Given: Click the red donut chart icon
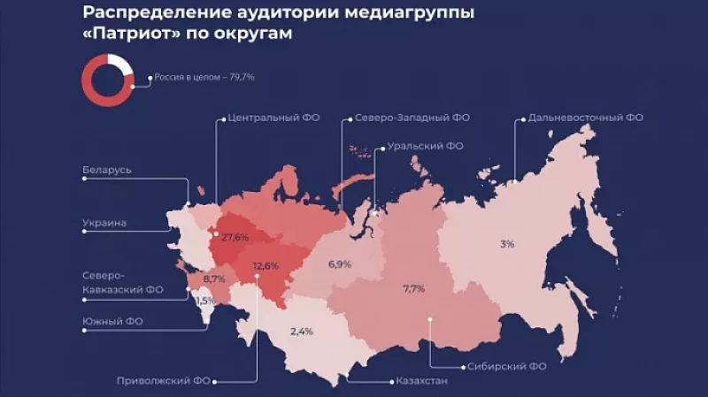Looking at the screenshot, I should [x=107, y=77].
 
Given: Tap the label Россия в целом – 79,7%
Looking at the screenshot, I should [x=204, y=77].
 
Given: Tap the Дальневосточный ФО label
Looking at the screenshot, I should [x=585, y=117].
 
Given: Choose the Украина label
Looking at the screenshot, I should [x=104, y=223].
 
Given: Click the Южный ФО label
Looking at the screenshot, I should [x=113, y=321].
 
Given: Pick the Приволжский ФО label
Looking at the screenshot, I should [x=158, y=382].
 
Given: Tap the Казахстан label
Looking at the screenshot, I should [x=417, y=382].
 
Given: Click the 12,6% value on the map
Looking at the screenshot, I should [x=265, y=265].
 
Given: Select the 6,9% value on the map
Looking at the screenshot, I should [x=340, y=264].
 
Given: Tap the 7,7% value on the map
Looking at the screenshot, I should [x=414, y=289].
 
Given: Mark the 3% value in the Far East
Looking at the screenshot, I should [x=506, y=244].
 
